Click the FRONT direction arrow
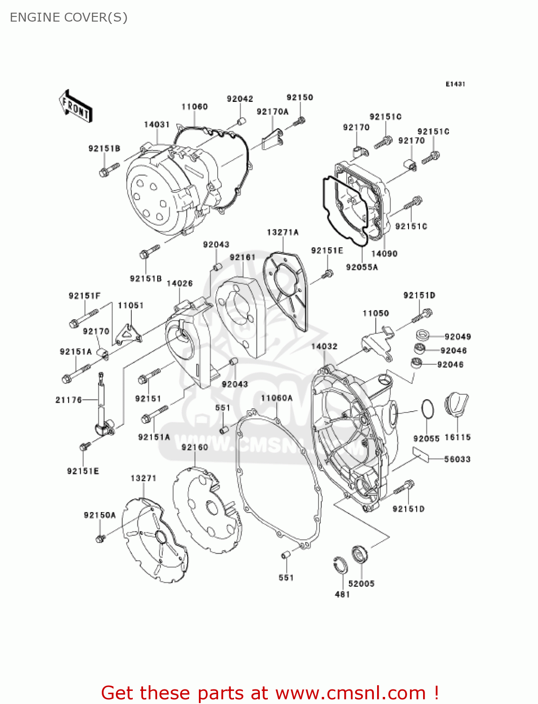pos(75,106)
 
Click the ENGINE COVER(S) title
pos(68,17)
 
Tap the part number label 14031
pos(157,124)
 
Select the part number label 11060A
pos(277,398)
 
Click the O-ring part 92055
pos(427,409)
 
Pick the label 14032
pos(324,346)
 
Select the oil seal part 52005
pos(360,555)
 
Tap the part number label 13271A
pos(282,232)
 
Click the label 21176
pos(68,400)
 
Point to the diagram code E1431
pos(455,84)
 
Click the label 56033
pos(457,459)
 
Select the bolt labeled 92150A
pos(99,539)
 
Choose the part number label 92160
pos(195,447)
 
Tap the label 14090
pos(384,253)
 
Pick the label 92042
pos(240,99)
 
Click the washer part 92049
pos(423,335)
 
